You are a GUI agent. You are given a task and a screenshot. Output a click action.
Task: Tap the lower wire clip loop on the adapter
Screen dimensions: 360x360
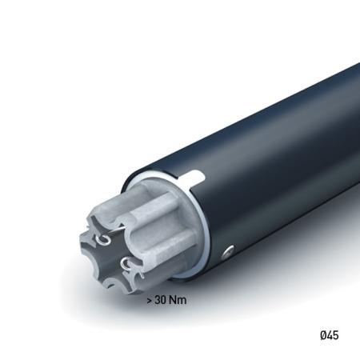click(x=126, y=262)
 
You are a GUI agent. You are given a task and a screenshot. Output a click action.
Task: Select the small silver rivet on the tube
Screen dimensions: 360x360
click(x=229, y=252)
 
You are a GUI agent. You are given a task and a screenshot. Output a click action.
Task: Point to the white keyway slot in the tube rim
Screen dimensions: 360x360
click(x=197, y=175)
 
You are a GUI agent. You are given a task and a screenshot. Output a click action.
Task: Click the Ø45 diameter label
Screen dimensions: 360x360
click(x=328, y=335)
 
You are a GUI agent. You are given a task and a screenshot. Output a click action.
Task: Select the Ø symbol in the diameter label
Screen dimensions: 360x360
click(x=322, y=335)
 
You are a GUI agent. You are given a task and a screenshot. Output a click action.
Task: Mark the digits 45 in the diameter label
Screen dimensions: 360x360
click(x=332, y=335)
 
